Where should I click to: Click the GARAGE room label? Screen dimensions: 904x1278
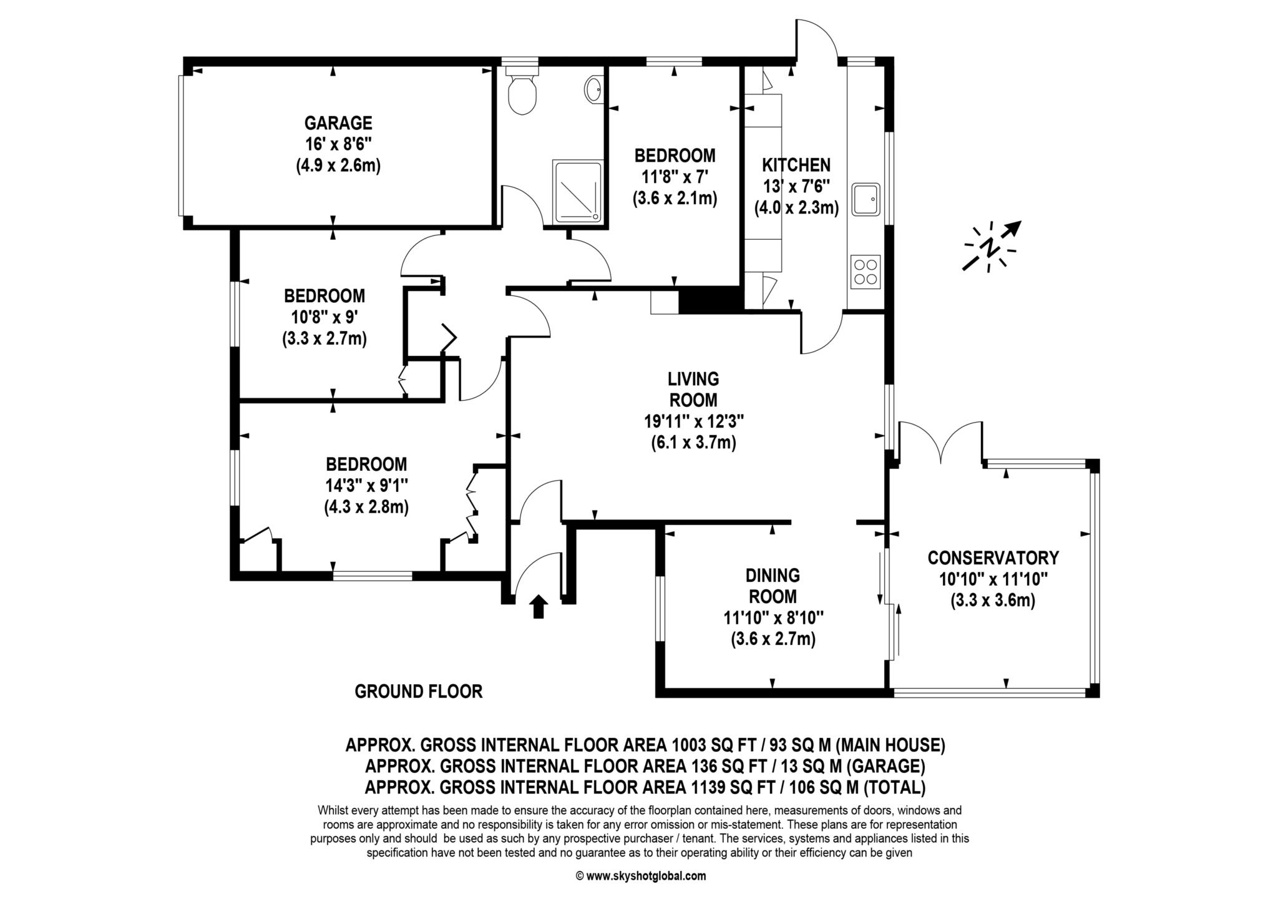[338, 122]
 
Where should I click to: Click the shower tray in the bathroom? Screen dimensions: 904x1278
[577, 191]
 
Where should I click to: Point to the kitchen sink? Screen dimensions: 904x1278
[866, 199]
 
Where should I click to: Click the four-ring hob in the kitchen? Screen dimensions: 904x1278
[866, 272]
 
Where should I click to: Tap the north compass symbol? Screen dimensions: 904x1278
[992, 247]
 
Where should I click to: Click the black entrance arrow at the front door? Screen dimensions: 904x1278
[538, 606]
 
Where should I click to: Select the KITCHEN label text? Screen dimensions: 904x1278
[796, 165]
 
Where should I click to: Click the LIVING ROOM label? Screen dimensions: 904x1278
[693, 389]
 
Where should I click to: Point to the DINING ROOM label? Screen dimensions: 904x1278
[773, 585]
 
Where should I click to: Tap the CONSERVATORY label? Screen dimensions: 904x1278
[993, 557]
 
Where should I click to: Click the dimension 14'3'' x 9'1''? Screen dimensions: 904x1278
[366, 486]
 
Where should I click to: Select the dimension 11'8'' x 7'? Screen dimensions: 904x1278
[674, 177]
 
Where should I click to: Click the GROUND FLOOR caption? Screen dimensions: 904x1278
[418, 691]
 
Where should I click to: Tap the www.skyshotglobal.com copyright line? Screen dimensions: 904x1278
[640, 876]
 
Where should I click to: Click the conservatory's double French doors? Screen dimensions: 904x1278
[941, 443]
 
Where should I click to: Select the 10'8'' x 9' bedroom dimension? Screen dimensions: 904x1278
[324, 317]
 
